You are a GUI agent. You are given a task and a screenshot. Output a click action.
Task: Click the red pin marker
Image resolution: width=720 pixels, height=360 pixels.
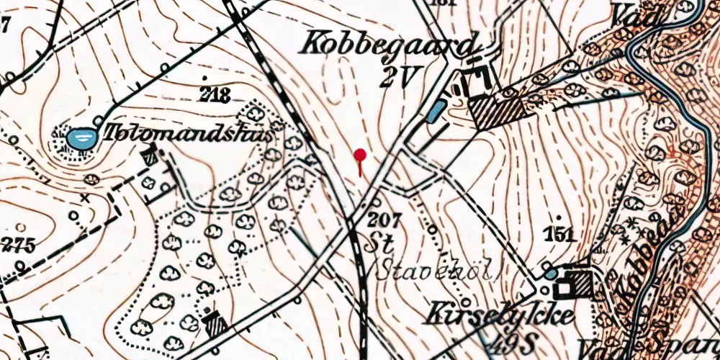[360, 155]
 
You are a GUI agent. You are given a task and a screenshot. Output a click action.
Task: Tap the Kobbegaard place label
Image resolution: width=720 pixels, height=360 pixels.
[390, 45]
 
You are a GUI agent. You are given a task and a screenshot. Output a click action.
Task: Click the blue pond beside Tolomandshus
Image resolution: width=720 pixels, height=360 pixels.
[79, 138]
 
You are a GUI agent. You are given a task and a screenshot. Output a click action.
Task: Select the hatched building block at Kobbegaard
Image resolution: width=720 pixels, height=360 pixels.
[496, 111]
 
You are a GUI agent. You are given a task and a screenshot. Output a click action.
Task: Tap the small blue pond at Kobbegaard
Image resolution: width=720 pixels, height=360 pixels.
[436, 112]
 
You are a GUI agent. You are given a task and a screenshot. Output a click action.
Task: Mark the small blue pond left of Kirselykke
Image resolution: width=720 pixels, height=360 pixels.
[550, 274]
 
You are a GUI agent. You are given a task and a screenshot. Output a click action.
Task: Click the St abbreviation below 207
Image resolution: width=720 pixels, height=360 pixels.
[382, 243]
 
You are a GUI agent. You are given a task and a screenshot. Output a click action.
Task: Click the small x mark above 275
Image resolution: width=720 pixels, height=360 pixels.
[86, 197]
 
